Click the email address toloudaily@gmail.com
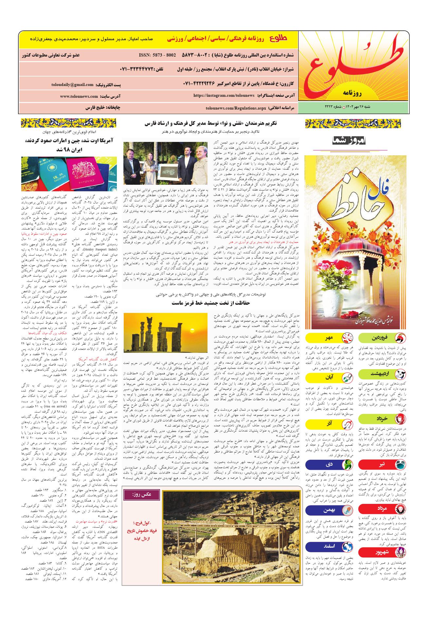click(72, 85)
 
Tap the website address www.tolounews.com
click(79, 96)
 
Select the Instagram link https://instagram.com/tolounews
click(224, 95)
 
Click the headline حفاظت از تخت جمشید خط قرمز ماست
click(211, 303)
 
